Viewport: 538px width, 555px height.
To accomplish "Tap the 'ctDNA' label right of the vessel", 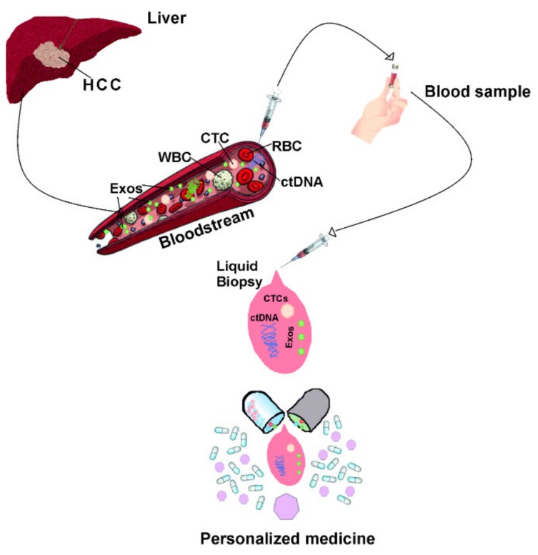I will (303, 182).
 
